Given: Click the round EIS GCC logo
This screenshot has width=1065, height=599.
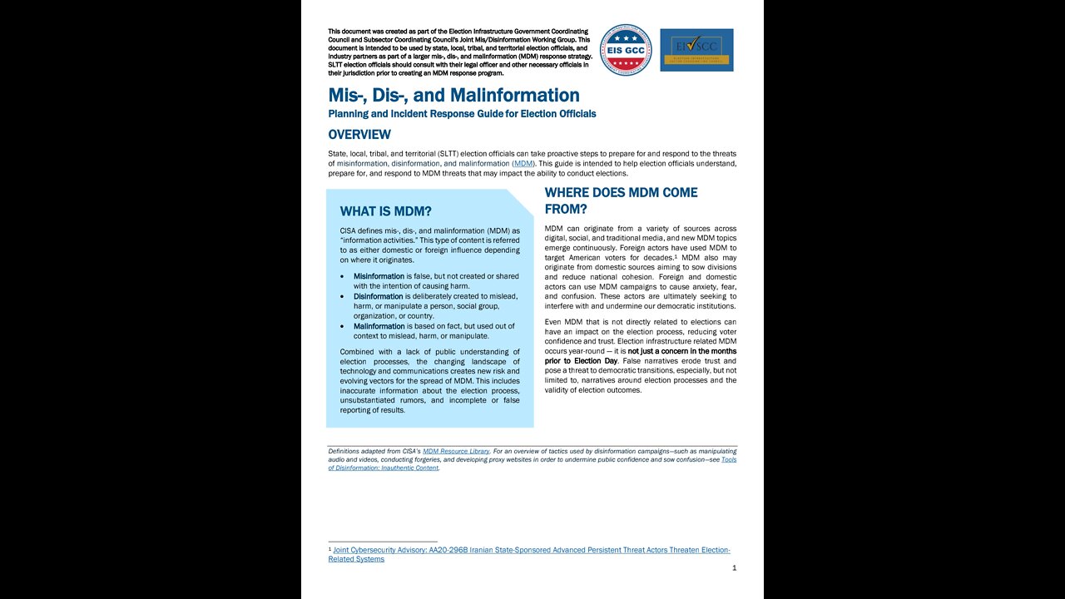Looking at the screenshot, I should (x=626, y=50).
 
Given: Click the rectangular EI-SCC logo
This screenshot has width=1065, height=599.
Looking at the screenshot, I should (x=696, y=50).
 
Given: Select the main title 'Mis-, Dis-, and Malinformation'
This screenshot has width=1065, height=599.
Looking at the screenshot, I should (x=453, y=96).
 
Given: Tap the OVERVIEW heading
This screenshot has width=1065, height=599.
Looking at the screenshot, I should (x=359, y=135).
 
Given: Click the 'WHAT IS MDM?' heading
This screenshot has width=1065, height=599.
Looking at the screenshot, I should (x=385, y=211).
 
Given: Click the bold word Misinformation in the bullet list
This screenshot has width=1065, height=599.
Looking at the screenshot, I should (x=379, y=276).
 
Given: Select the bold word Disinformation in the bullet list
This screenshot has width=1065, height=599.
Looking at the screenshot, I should (x=379, y=296).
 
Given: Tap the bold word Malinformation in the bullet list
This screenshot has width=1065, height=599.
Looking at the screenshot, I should (x=379, y=326).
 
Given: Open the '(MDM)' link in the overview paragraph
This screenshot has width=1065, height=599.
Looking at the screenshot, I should (x=523, y=164).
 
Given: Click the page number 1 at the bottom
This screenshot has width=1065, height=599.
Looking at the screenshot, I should (x=734, y=568).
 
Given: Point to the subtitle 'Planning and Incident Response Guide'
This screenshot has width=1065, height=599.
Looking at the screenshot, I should (x=462, y=114).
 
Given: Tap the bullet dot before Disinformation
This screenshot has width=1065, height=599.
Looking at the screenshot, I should (x=344, y=297).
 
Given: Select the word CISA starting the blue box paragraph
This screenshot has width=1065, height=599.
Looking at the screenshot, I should (x=350, y=230).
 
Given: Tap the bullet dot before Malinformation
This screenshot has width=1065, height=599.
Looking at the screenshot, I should (x=344, y=327).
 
